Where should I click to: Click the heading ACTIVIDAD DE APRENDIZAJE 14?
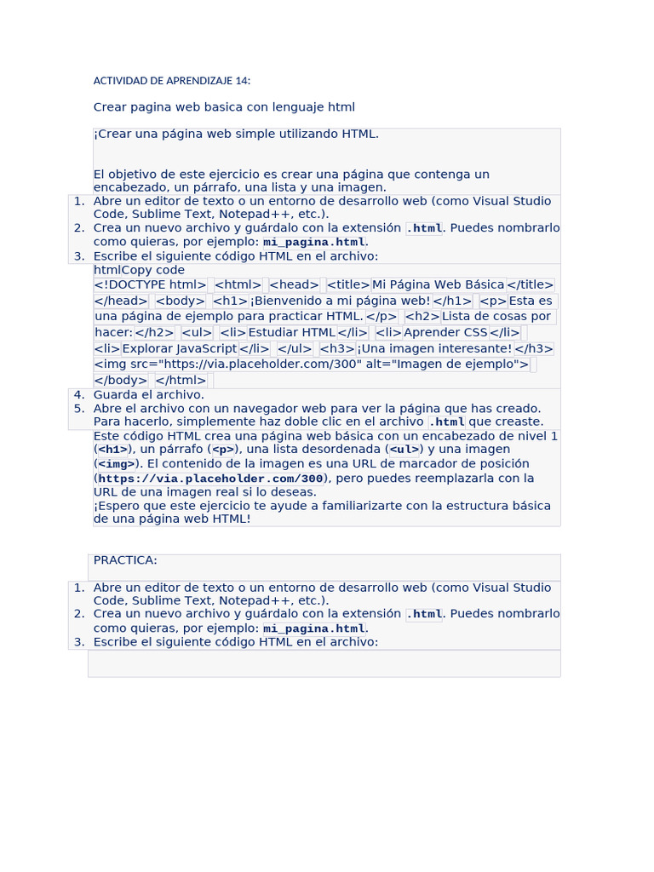point(172,81)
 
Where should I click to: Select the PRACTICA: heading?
point(125,560)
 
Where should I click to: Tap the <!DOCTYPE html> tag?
point(150,285)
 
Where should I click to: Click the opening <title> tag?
point(348,285)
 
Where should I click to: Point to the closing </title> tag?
point(531,285)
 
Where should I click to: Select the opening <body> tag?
point(181,301)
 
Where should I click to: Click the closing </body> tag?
point(121,381)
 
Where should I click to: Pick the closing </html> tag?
point(181,381)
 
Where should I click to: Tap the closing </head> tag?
point(121,301)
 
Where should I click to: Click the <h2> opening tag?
point(422,317)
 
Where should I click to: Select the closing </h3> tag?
point(534,348)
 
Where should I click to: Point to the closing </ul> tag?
point(295,348)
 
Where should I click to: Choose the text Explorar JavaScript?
point(180,348)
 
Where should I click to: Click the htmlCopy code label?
point(139,270)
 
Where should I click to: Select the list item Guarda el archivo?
point(148,394)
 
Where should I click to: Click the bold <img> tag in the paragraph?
point(116,464)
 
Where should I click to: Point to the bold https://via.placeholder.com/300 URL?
point(210,479)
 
